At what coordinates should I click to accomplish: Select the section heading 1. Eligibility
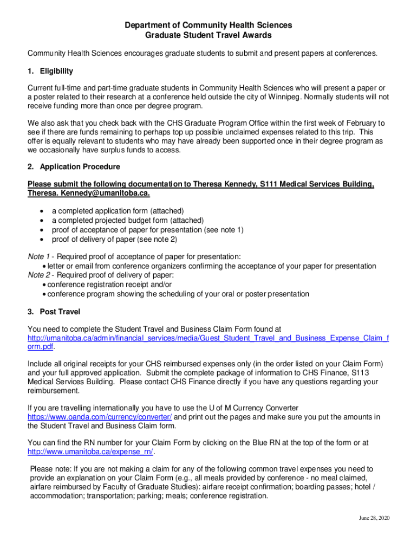(x=50, y=71)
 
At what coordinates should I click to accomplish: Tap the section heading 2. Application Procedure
(x=74, y=166)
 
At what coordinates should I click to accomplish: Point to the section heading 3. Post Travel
(x=54, y=312)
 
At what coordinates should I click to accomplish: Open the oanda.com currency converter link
(x=100, y=417)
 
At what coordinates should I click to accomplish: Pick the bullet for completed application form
(x=42, y=211)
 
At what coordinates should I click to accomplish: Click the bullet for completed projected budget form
(x=42, y=221)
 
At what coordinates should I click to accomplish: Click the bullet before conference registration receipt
(x=44, y=285)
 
